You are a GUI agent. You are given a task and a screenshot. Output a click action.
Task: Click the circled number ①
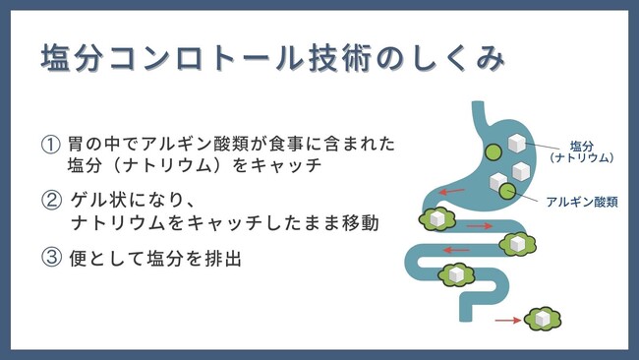50,144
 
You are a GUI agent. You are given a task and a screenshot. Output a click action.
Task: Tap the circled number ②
50,203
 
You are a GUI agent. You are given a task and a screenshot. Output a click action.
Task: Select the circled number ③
50,261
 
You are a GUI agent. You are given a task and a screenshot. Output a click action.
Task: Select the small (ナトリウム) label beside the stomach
582,157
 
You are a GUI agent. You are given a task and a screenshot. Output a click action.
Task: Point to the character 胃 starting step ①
79,144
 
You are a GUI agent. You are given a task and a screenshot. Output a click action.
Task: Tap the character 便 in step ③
79,261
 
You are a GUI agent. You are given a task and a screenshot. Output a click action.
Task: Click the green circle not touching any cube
491,151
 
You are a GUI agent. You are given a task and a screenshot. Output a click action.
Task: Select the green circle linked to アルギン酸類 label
509,190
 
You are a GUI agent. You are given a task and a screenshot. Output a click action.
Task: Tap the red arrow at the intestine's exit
506,320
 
